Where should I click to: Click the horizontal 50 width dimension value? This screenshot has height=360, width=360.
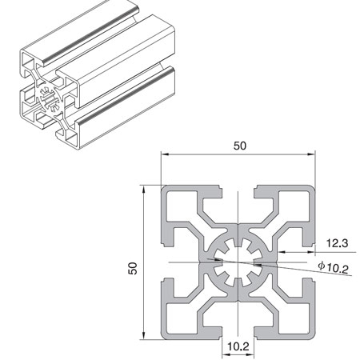pos(240,146)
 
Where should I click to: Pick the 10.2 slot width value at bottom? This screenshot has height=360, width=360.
pos(238,346)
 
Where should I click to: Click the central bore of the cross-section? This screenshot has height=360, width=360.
pos(238,260)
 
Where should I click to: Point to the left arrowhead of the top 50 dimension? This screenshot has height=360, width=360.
pos(163,154)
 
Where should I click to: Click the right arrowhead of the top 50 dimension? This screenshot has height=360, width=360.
pos(314,154)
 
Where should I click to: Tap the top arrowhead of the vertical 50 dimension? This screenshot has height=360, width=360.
pos(144,189)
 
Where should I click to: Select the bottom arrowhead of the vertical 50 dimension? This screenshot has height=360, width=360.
pos(144,335)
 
